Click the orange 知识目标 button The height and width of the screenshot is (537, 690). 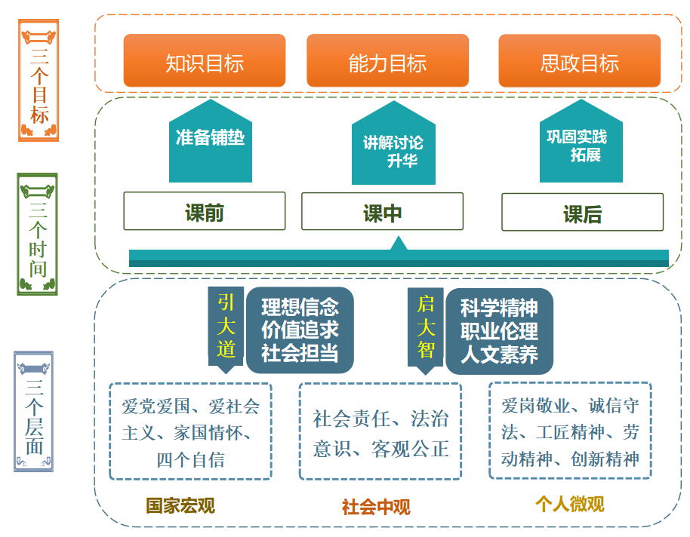coord(204,61)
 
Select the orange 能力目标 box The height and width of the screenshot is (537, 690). coord(387,61)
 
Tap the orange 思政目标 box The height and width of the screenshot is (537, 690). coord(579,61)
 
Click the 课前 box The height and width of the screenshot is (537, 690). coord(204,211)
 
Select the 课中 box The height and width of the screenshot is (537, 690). coord(382,211)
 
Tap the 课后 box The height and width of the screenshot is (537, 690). coord(582,213)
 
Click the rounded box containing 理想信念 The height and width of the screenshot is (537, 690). coord(300,330)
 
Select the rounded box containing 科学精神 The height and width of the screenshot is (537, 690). coord(499,330)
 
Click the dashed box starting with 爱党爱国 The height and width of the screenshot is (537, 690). coord(190,431)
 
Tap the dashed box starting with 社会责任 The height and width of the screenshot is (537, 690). coord(380,431)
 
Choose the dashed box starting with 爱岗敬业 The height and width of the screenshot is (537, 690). coord(570,431)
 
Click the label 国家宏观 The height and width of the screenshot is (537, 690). coord(180,505)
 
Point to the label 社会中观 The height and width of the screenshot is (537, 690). coord(376,507)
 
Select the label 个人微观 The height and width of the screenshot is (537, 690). coord(569,503)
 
